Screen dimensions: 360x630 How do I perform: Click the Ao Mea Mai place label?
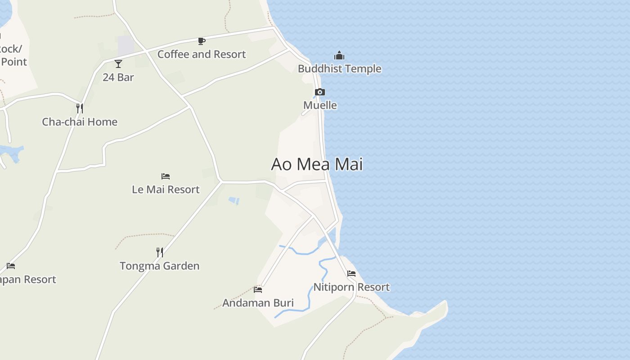(317, 164)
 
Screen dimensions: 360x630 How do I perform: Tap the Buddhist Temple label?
(339, 69)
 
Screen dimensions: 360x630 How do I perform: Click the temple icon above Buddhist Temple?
(339, 55)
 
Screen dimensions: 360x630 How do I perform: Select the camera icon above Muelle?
(319, 92)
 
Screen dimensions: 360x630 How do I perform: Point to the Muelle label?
(320, 105)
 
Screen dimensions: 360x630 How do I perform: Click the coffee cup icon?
(202, 41)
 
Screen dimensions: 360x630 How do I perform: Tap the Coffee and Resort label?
(202, 54)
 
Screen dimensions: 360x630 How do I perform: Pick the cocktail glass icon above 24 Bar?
(118, 64)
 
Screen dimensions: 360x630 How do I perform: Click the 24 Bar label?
(118, 77)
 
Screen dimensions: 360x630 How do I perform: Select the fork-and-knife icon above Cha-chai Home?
(80, 108)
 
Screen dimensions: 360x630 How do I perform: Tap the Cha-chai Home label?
(80, 122)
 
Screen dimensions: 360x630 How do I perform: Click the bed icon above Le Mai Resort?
(166, 176)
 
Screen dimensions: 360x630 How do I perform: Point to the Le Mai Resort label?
(166, 189)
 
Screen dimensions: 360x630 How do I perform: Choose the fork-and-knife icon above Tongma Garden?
(160, 252)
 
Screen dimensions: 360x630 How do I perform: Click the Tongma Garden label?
(160, 266)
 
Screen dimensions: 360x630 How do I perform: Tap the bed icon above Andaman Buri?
(258, 289)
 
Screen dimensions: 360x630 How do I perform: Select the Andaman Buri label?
(258, 303)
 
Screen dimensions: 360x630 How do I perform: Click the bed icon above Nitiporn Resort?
(351, 274)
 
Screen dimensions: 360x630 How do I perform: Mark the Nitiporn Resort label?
(351, 287)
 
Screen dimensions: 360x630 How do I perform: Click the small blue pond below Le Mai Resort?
(234, 201)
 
